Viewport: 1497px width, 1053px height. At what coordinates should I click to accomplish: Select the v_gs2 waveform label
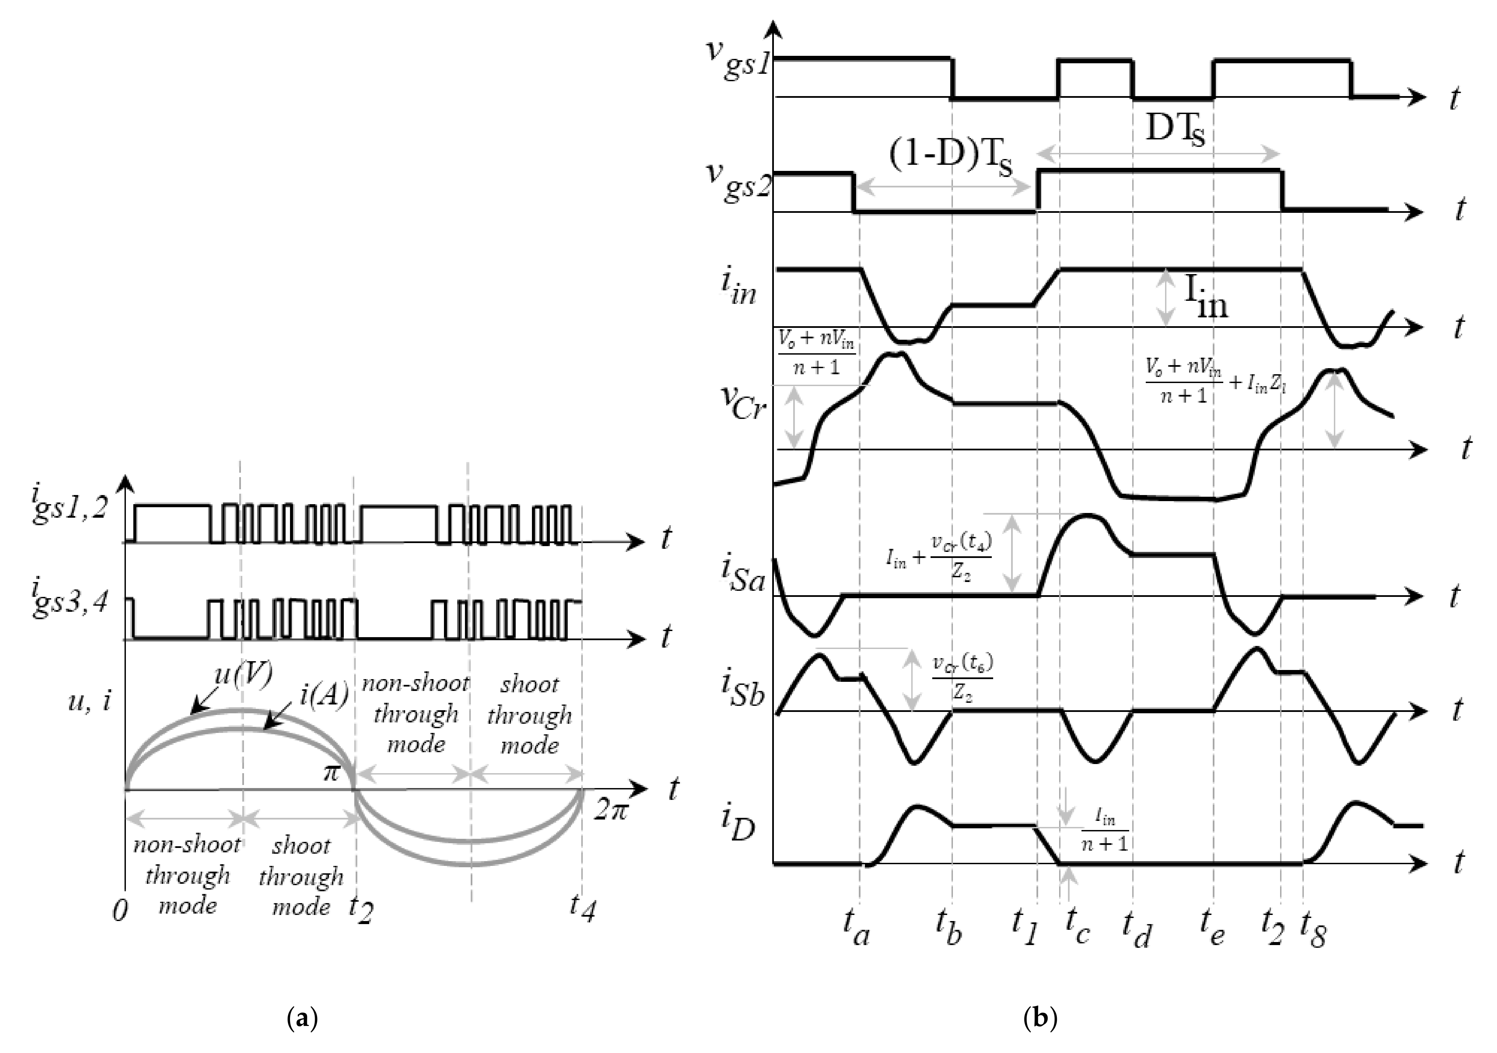click(x=739, y=179)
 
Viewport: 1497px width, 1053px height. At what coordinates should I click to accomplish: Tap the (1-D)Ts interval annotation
click(x=951, y=158)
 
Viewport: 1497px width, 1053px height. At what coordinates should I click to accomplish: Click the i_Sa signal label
click(x=742, y=574)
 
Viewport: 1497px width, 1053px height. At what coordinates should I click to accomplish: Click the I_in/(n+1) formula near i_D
click(x=1104, y=830)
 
